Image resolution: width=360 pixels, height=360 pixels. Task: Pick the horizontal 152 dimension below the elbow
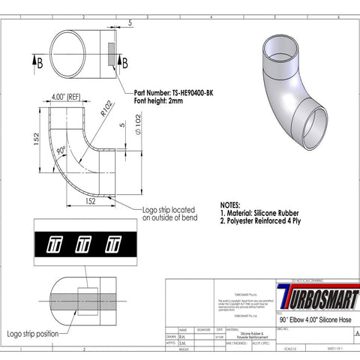[89, 201]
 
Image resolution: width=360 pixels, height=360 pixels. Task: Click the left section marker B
[40, 62]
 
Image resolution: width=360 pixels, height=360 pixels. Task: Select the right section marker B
[124, 62]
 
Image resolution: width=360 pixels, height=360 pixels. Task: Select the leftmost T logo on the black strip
[55, 243]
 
